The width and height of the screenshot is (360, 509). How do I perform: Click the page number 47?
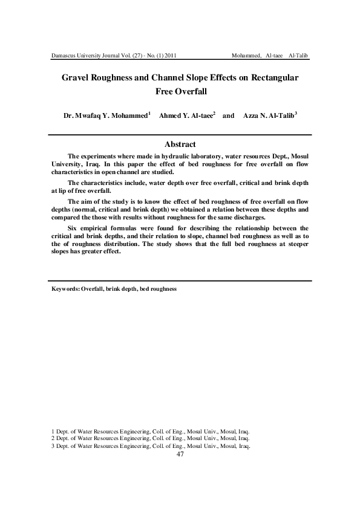point(180,455)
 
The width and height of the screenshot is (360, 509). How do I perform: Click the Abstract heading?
point(180,144)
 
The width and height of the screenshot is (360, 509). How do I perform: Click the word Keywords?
point(65,290)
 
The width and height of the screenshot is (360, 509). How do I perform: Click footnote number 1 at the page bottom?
point(53,431)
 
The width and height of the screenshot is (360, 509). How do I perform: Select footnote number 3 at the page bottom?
point(53,446)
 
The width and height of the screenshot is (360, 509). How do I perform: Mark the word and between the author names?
point(228,115)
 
